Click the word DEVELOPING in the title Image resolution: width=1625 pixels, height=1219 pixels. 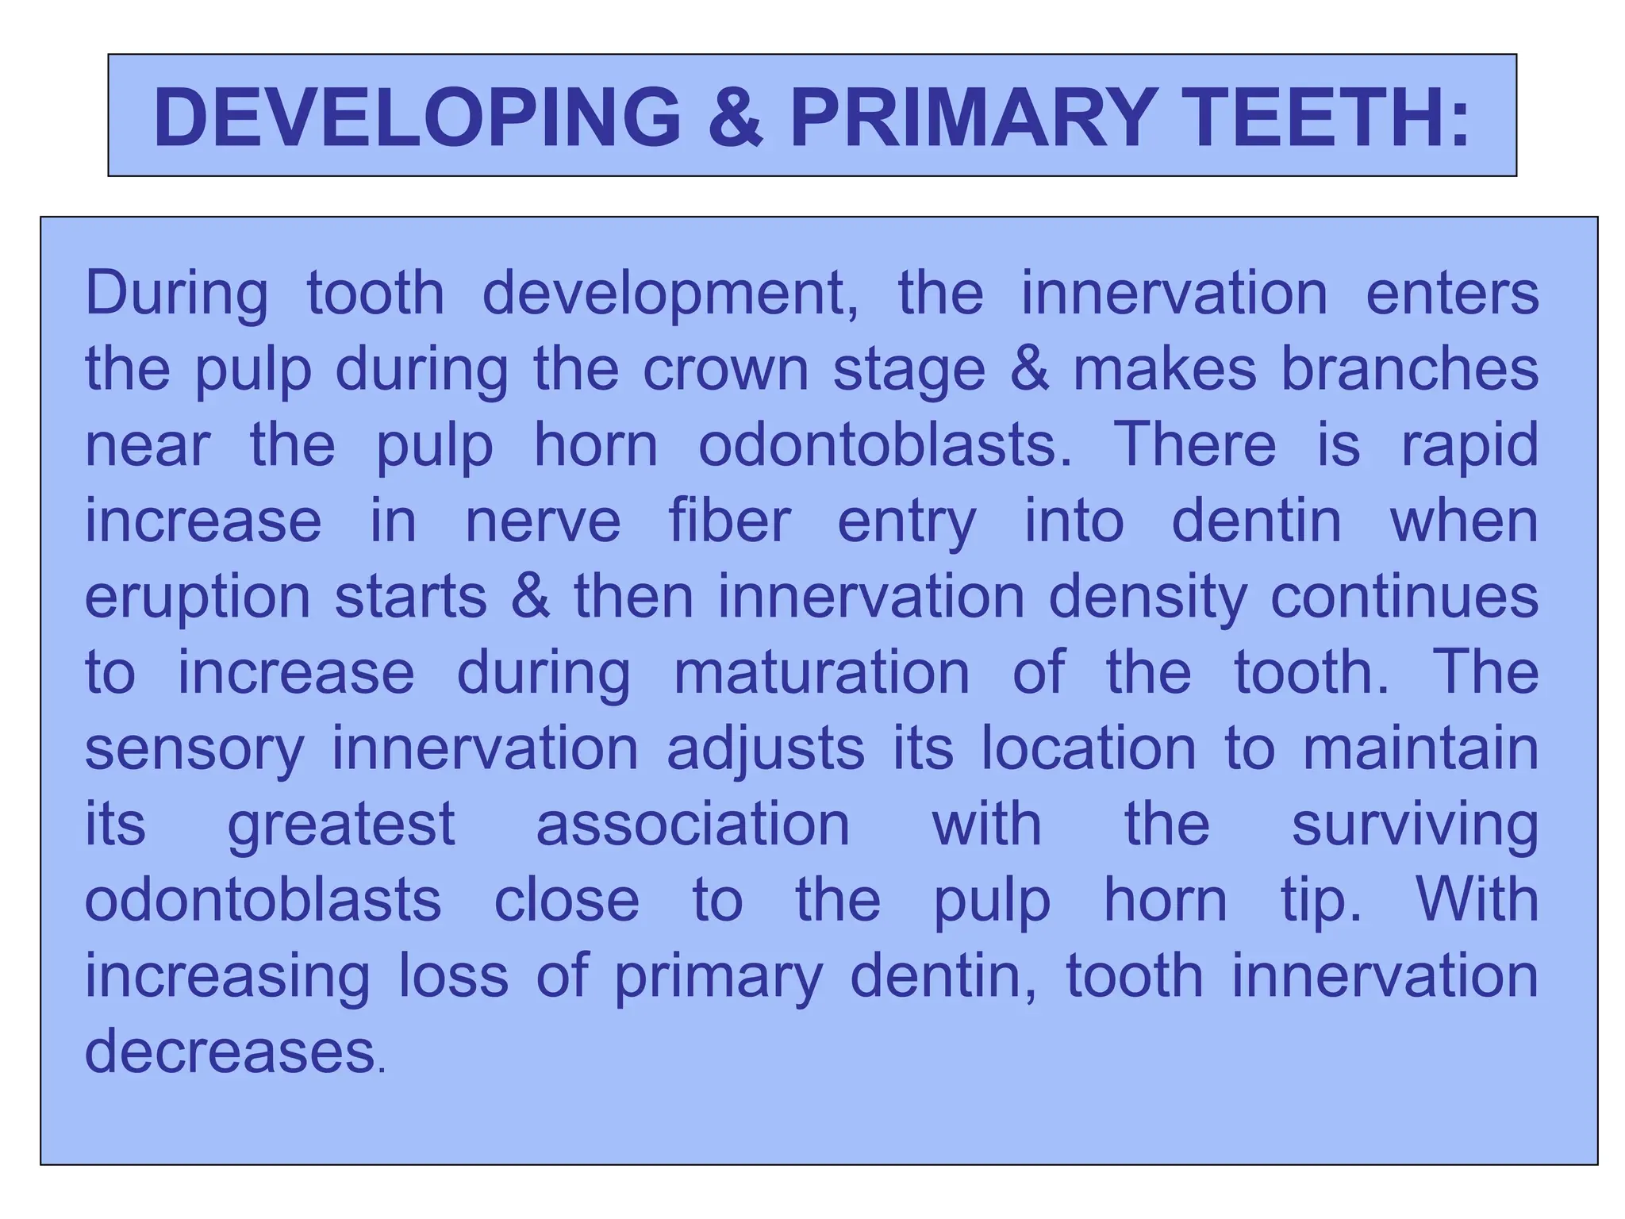click(x=417, y=117)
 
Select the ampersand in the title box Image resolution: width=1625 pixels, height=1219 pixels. click(x=735, y=117)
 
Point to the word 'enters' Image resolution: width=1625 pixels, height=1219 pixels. click(x=1452, y=294)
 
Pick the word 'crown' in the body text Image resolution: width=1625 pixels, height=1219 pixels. click(x=725, y=370)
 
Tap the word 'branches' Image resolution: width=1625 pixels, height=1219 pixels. click(x=1410, y=370)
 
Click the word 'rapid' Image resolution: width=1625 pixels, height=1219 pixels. click(x=1469, y=446)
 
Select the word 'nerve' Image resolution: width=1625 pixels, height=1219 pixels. click(x=543, y=521)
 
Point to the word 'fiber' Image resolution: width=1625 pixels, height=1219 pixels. click(x=730, y=521)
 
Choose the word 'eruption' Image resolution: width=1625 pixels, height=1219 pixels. click(x=198, y=598)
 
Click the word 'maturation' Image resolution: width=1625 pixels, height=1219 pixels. click(x=822, y=673)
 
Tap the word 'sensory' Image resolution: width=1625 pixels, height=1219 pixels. click(x=194, y=749)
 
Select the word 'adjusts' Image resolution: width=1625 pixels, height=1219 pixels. click(x=766, y=749)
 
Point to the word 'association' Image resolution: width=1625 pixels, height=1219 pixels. click(x=693, y=824)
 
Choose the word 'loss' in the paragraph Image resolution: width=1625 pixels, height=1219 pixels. click(x=453, y=976)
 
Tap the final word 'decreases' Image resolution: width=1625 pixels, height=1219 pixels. click(x=230, y=1052)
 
